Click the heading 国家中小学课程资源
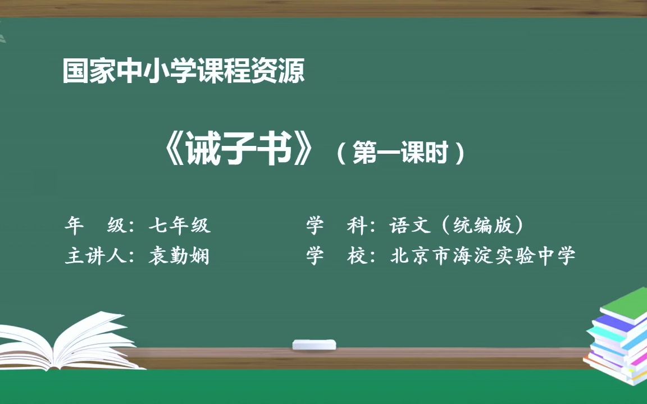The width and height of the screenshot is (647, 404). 184,71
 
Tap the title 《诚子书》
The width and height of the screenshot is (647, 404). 236,150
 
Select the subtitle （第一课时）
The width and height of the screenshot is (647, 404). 401,152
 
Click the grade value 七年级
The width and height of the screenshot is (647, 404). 180,226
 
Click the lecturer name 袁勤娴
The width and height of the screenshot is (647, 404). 180,256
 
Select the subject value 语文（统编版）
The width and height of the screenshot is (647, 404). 457,226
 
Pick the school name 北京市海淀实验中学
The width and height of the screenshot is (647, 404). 483,256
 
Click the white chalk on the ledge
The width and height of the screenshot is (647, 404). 314,344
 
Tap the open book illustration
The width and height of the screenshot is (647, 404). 73,342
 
